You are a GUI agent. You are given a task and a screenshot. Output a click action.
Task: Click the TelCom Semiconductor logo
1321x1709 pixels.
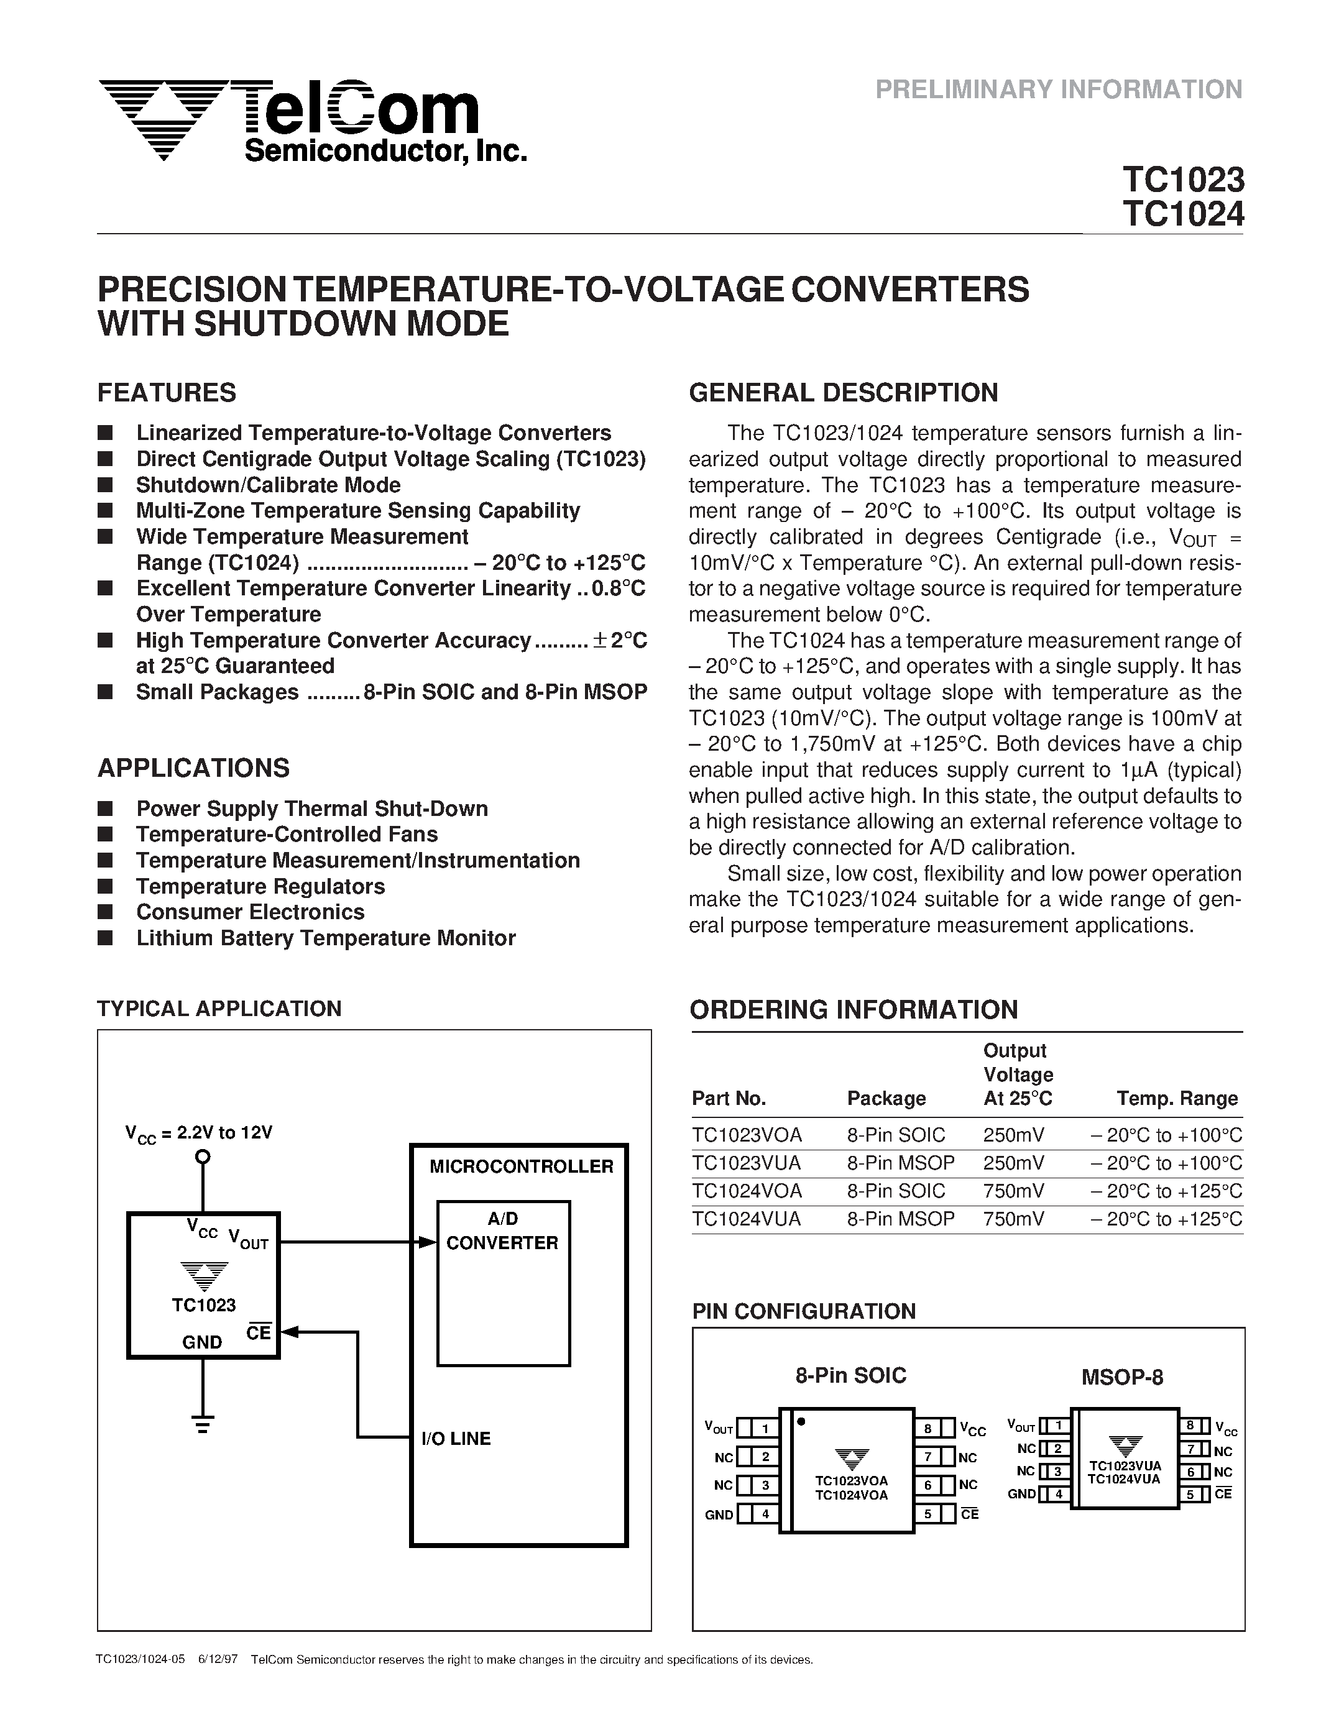click(x=311, y=121)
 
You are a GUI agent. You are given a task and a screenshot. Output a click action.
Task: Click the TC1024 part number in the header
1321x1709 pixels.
click(x=1182, y=214)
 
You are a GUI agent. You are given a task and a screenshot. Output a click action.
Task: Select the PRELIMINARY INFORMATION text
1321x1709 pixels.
click(x=1058, y=90)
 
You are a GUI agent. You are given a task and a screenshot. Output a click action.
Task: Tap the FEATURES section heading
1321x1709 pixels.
click(x=167, y=392)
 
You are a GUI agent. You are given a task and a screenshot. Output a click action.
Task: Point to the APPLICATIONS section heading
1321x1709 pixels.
click(x=193, y=767)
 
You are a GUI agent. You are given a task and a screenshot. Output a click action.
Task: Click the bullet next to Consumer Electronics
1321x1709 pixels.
click(x=106, y=912)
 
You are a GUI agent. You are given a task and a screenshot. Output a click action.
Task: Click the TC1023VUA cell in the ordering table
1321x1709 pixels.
click(x=746, y=1163)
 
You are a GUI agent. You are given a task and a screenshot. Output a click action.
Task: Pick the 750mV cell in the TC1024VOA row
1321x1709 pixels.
click(x=1013, y=1190)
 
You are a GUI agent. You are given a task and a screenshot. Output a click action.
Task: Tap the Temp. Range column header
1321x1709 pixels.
click(x=1177, y=1098)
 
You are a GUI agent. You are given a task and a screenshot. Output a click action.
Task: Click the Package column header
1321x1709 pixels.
click(x=886, y=1098)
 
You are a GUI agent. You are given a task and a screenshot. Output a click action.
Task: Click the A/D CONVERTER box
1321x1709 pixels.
click(x=503, y=1283)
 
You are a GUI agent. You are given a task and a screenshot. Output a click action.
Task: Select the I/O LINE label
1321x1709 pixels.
click(x=456, y=1438)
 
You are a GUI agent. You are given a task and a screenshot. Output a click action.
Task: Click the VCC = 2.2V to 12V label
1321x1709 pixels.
click(x=199, y=1133)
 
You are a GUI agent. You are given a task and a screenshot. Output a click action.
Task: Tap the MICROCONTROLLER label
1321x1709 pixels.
click(x=521, y=1166)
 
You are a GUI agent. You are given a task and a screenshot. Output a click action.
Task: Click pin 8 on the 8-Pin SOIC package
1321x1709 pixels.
click(x=927, y=1429)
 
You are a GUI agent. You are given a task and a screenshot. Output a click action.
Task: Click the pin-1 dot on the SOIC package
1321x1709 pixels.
click(x=801, y=1421)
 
